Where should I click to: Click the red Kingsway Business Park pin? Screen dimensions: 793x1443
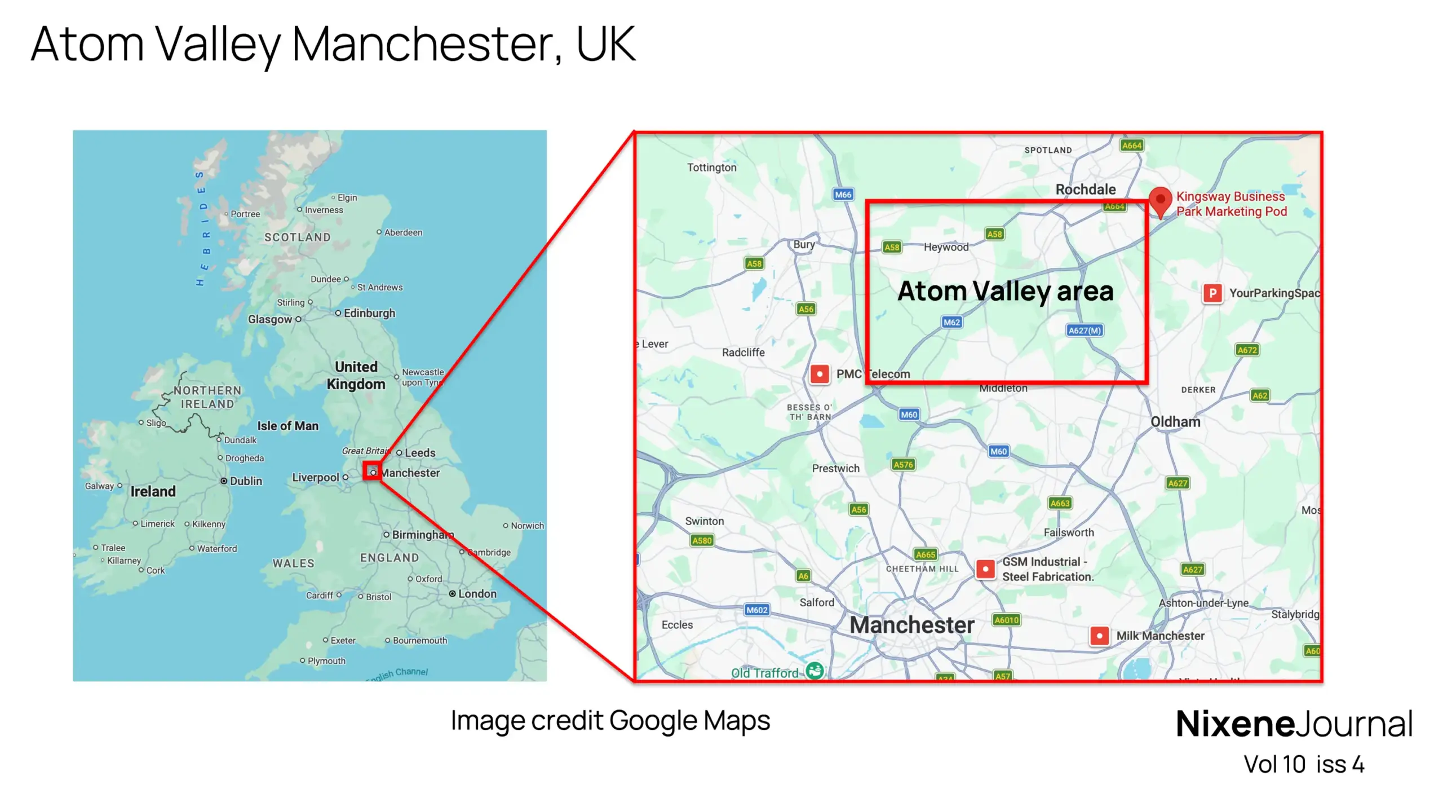[x=1159, y=200]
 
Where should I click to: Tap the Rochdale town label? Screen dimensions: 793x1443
[x=1085, y=190]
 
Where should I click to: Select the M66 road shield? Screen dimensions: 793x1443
[x=843, y=195]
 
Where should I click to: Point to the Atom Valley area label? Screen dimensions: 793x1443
[x=1005, y=292]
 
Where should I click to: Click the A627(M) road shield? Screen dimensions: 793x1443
[x=1084, y=331]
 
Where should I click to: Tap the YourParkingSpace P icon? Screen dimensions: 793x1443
[x=1212, y=293]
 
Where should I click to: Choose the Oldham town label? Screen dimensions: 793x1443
[x=1175, y=422]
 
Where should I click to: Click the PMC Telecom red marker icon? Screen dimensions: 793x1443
[x=819, y=374]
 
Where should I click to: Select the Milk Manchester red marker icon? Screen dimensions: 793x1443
[x=1099, y=636]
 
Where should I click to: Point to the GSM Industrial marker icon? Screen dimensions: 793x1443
[x=985, y=569]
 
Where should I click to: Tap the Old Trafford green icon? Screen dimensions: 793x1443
[x=815, y=671]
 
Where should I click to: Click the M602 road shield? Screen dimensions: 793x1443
[x=756, y=610]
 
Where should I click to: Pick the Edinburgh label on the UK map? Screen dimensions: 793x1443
[x=369, y=314]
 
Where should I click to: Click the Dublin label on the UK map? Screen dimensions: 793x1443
[x=246, y=481]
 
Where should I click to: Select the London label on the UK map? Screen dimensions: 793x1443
[x=477, y=594]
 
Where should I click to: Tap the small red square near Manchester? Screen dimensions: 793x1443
[x=372, y=471]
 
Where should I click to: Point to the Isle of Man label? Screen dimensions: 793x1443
[x=287, y=426]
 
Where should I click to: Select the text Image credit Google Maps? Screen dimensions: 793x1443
[x=610, y=721]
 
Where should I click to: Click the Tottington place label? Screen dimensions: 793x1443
[x=711, y=168]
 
